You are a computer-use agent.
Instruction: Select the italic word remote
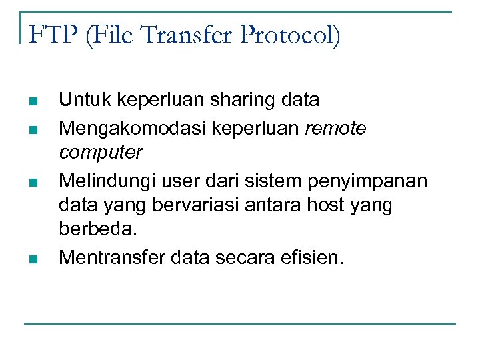[335, 127]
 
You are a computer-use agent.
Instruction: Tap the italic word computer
[101, 153]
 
